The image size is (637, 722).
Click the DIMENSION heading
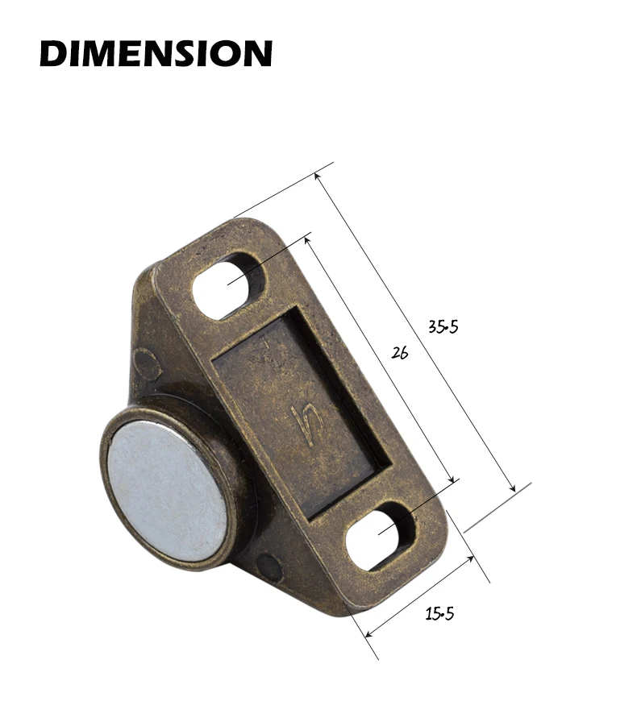[156, 53]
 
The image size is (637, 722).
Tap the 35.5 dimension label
[443, 326]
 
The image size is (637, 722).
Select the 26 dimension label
[400, 353]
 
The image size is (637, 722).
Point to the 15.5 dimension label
[439, 613]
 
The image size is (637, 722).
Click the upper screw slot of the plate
[229, 284]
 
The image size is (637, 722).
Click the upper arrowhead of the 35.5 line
[317, 176]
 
